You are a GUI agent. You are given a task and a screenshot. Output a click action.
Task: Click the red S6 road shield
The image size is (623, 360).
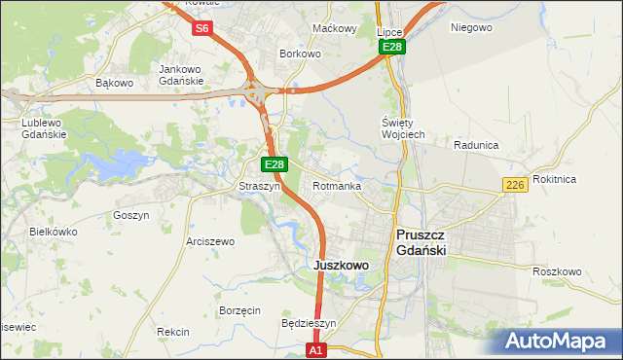pos(202,28)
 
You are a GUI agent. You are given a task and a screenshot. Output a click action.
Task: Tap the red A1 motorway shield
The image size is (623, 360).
pos(314,348)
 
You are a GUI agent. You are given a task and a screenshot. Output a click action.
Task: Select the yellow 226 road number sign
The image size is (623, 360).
pos(516,185)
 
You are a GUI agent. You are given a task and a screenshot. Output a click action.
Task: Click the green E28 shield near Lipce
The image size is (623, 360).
pos(391,47)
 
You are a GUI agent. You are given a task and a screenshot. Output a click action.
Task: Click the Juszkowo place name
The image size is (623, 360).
pos(341,265)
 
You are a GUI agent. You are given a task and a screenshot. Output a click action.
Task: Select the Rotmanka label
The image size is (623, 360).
pos(337,186)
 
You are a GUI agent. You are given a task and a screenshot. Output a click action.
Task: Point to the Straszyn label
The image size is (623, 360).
pos(260,186)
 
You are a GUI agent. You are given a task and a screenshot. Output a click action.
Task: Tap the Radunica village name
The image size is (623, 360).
pos(476,145)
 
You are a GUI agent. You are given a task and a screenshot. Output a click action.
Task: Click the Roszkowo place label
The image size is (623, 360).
pos(557,271)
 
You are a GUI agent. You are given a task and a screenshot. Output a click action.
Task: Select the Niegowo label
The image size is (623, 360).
pos(471,27)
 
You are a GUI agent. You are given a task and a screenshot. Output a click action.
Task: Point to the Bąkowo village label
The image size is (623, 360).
pos(114,83)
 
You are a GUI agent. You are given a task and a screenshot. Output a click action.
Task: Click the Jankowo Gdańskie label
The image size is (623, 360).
pos(181,75)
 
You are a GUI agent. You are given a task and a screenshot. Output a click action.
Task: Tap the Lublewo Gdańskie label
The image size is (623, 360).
pos(43,128)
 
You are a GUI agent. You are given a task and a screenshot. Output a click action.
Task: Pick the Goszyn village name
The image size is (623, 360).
pos(131,215)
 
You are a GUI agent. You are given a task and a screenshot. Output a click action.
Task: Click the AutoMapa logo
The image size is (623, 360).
pos(560,342)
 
